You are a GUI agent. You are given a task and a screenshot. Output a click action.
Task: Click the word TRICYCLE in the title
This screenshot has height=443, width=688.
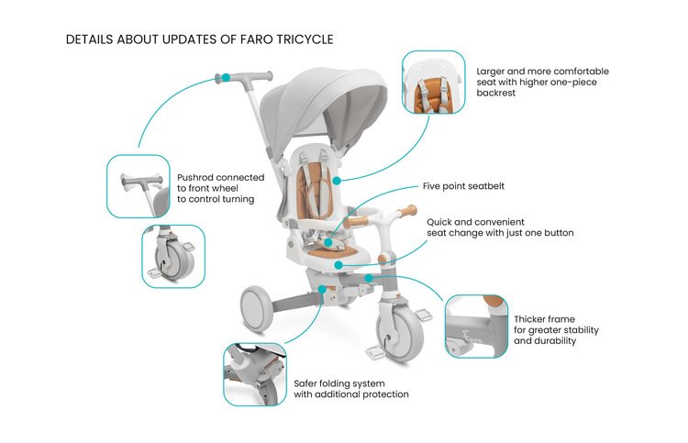click(299, 40)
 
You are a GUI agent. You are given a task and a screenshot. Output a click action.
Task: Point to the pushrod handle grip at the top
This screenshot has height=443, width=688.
click(247, 75)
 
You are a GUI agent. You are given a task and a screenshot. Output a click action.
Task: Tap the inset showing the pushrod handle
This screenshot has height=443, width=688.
click(138, 186)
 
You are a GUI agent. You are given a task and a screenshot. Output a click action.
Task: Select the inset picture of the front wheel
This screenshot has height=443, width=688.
click(172, 256)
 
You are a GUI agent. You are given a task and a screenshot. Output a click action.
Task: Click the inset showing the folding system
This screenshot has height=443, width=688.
click(256, 373)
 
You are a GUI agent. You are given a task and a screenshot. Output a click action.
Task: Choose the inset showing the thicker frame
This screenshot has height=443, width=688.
click(476, 326)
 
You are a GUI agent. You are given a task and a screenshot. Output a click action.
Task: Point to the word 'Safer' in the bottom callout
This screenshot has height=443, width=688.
click(307, 382)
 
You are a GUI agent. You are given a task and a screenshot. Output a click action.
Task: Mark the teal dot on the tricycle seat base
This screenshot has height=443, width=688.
click(338, 264)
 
